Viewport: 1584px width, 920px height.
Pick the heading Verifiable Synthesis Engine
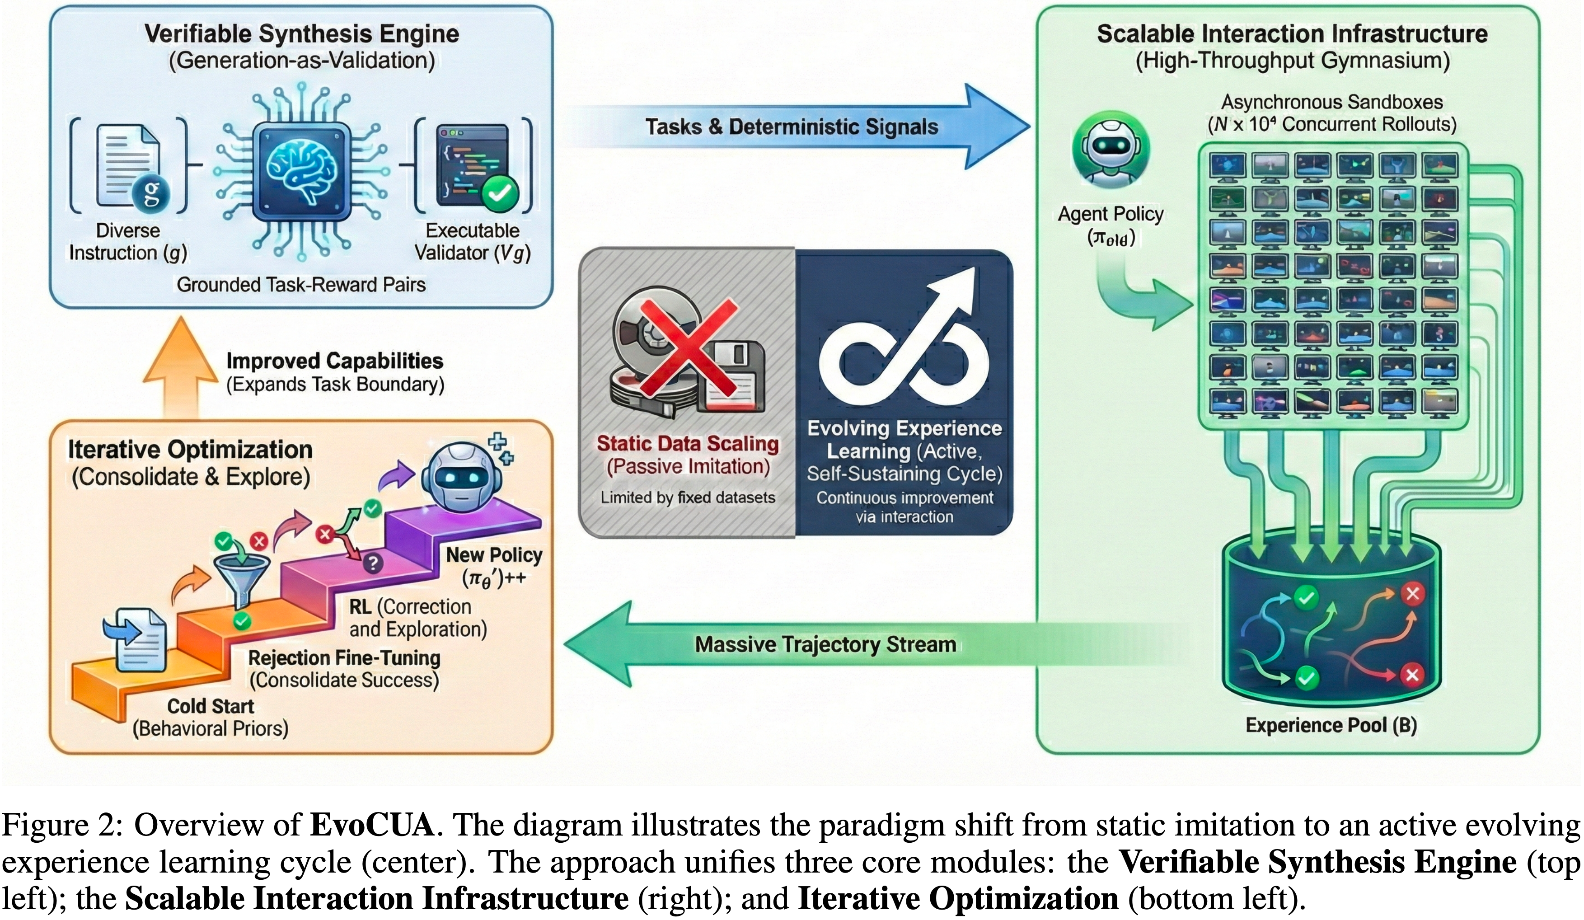point(302,34)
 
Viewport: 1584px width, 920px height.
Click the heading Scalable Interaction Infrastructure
point(1292,34)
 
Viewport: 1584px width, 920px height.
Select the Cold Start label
point(211,706)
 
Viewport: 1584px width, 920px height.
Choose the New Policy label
point(494,555)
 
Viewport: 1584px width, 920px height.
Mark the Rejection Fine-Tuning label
point(344,658)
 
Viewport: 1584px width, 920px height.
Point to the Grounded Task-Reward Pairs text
point(301,285)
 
